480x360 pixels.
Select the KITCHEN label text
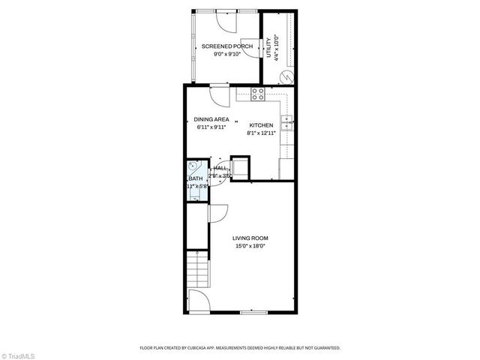tap(261, 125)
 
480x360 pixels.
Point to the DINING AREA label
tap(211, 119)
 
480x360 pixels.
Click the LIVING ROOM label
tap(250, 238)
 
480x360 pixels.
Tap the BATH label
tap(195, 178)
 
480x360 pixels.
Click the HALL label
tap(220, 169)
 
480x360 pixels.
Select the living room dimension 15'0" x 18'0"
tap(250, 245)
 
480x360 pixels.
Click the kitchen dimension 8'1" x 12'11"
tap(262, 133)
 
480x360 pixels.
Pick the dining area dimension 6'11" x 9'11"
tap(211, 127)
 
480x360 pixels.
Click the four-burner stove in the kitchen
tap(258, 94)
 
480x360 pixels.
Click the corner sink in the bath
tap(193, 166)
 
